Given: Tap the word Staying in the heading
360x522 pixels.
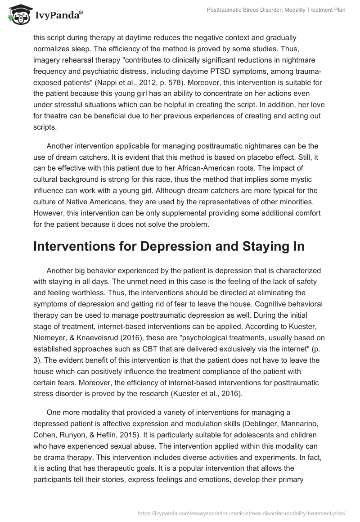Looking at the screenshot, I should click(x=258, y=246).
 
